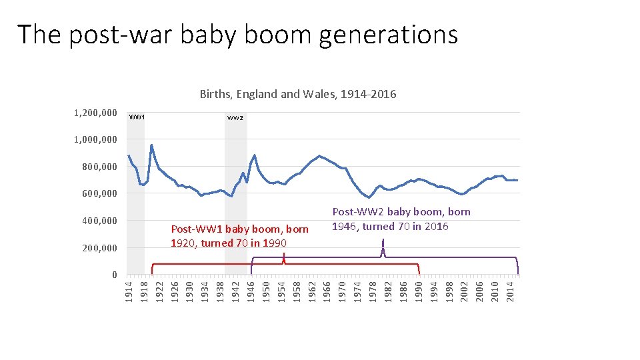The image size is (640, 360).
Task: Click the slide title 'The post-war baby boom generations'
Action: (237, 35)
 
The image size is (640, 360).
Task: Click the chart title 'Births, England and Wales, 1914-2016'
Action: (298, 94)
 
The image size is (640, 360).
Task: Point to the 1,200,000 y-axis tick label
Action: (95, 113)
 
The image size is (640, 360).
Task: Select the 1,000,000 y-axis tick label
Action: (95, 140)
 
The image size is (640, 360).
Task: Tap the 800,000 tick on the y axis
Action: (99, 167)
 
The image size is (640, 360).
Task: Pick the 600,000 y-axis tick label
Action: (99, 194)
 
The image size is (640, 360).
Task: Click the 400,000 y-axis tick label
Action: (99, 221)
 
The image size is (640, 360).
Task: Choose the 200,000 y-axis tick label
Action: (99, 248)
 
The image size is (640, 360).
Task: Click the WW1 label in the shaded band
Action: (137, 117)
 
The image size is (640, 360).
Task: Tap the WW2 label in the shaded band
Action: (235, 118)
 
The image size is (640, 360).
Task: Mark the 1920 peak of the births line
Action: (151, 145)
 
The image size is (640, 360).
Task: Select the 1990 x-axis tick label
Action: (419, 291)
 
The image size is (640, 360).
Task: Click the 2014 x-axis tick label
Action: (510, 291)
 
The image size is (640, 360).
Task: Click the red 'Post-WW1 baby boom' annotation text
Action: (239, 236)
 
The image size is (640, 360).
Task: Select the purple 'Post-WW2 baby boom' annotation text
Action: (401, 219)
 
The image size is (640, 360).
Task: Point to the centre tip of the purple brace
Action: (383, 248)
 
